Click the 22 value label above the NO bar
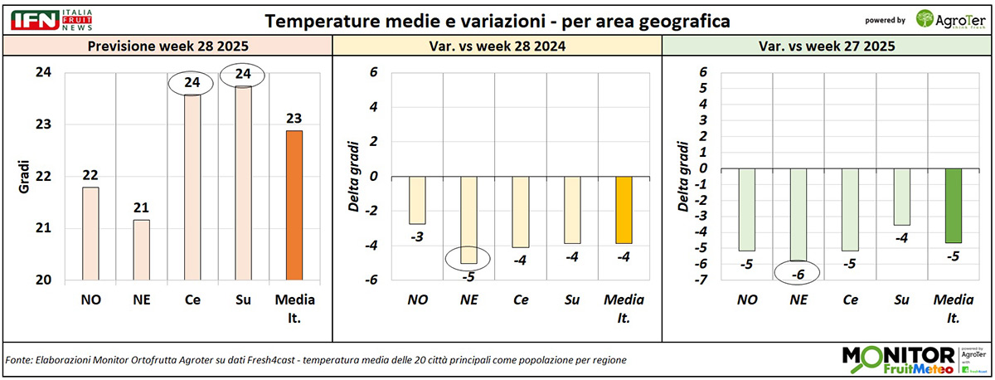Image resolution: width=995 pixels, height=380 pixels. click(91, 175)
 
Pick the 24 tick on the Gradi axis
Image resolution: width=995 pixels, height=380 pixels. click(41, 73)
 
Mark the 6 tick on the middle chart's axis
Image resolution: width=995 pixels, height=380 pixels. click(374, 72)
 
